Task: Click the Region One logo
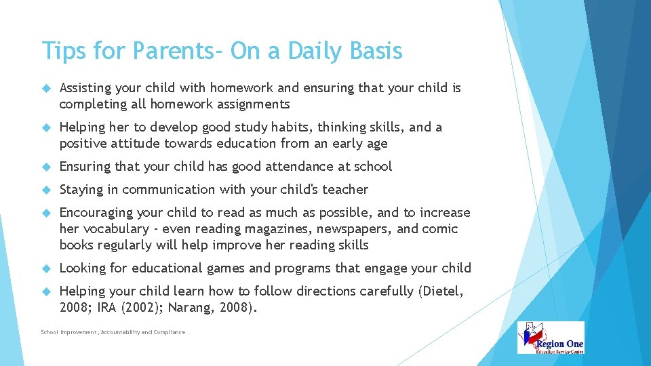(551, 338)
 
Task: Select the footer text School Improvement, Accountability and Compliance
(113, 332)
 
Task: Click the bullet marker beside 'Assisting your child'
(46, 88)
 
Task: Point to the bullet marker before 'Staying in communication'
(46, 190)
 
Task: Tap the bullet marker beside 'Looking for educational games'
(46, 268)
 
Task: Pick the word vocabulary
(116, 229)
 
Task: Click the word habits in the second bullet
(290, 127)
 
